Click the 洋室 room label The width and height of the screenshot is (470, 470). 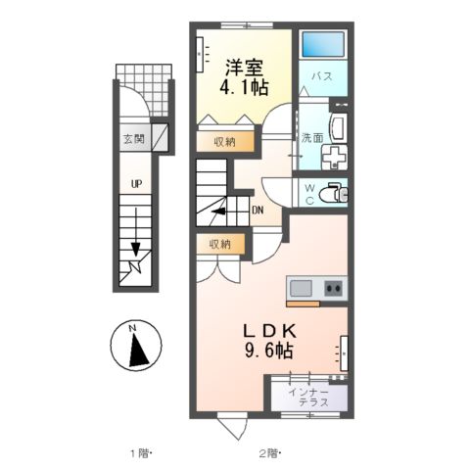(244, 69)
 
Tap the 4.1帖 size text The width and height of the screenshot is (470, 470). (244, 87)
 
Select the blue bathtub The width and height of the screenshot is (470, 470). (323, 44)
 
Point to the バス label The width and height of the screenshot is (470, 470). (322, 76)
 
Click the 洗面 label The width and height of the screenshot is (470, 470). (312, 138)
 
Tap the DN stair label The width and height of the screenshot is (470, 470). (258, 211)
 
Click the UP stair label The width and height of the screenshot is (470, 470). (136, 184)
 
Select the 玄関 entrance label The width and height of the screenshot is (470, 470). (134, 139)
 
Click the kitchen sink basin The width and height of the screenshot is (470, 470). (301, 289)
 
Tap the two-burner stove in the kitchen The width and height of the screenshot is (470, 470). (333, 289)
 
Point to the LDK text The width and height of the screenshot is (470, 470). (270, 332)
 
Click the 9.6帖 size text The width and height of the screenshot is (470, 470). (268, 351)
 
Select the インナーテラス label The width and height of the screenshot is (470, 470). (308, 398)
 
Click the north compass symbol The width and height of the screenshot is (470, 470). (136, 346)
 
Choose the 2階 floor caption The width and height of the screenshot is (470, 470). (270, 453)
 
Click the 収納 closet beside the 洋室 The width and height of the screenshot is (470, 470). (225, 142)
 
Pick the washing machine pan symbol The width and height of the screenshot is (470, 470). (334, 158)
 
